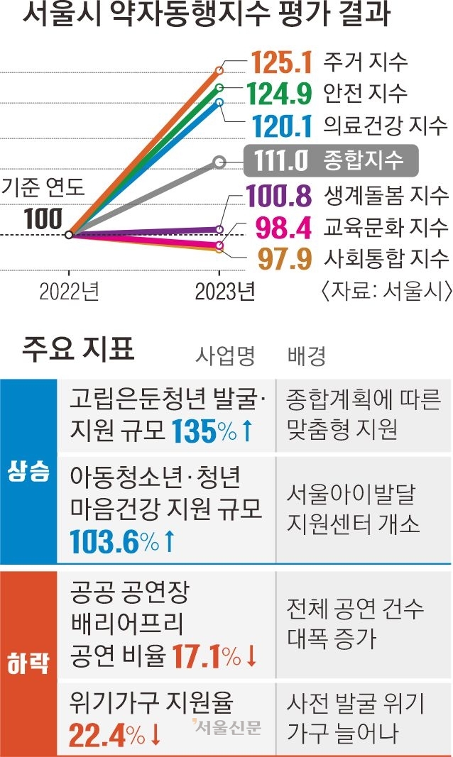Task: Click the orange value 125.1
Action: [282, 62]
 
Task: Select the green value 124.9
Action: [282, 93]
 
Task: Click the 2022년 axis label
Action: [69, 292]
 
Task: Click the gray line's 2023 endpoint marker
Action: [220, 162]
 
